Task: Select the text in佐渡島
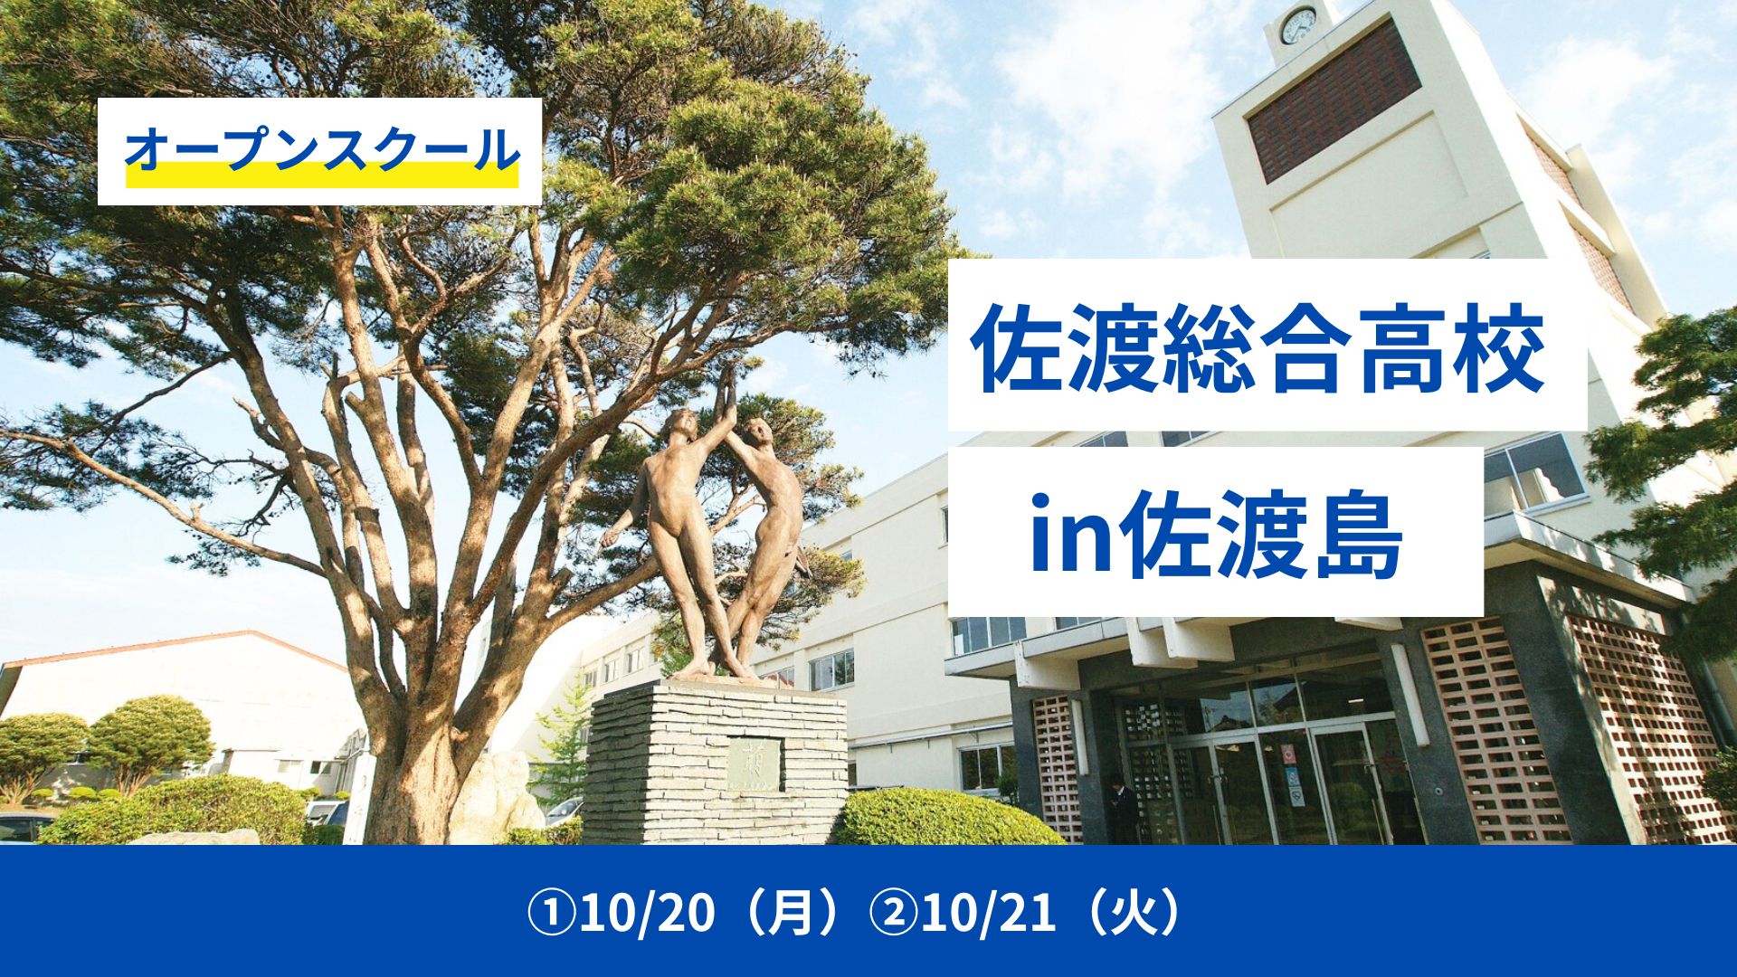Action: pyautogui.click(x=1216, y=534)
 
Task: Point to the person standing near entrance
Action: pyautogui.click(x=1122, y=808)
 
